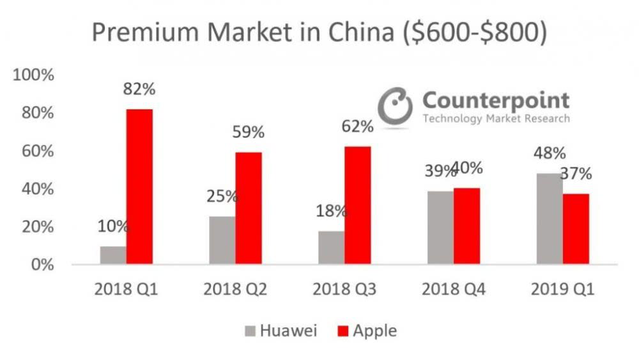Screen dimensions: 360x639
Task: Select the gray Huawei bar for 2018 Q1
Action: tap(113, 255)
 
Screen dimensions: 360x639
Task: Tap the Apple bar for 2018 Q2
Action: tap(249, 208)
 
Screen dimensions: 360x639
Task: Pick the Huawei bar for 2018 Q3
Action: tap(331, 247)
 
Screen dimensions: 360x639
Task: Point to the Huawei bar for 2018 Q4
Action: tap(440, 227)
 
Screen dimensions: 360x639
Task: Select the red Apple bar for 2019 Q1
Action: tap(576, 229)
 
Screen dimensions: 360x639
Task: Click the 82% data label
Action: tap(139, 89)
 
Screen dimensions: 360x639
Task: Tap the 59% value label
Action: tap(248, 132)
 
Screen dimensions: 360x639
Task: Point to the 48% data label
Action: tap(550, 153)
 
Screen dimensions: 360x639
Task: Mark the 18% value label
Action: tap(331, 211)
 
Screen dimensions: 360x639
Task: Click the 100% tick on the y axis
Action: tap(33, 75)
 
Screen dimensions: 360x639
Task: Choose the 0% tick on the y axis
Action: tap(42, 265)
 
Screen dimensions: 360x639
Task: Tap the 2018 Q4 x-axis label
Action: tap(453, 290)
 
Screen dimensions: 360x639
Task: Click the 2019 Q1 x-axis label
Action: tap(562, 290)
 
